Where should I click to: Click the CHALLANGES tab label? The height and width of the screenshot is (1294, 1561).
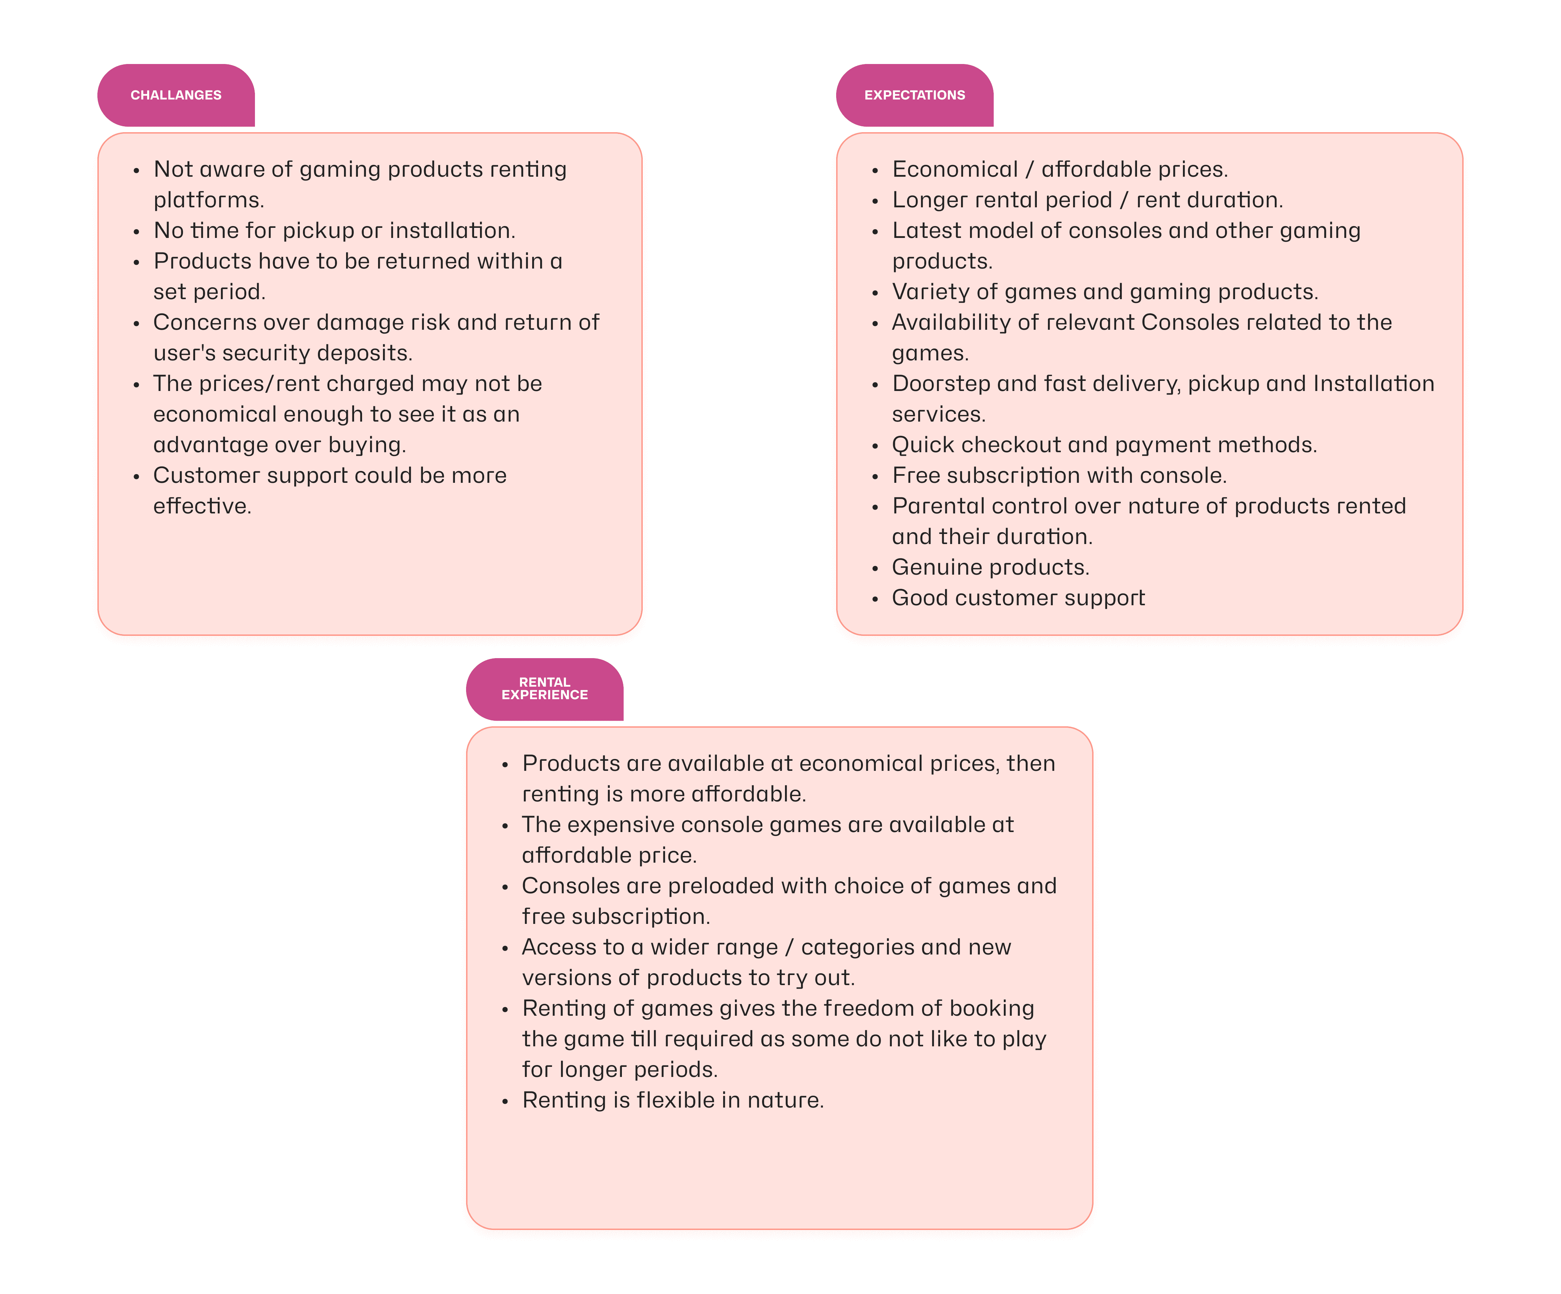click(x=176, y=95)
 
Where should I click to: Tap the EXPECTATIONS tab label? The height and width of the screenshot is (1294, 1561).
click(x=914, y=95)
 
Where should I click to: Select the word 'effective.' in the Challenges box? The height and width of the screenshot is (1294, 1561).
click(x=202, y=506)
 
